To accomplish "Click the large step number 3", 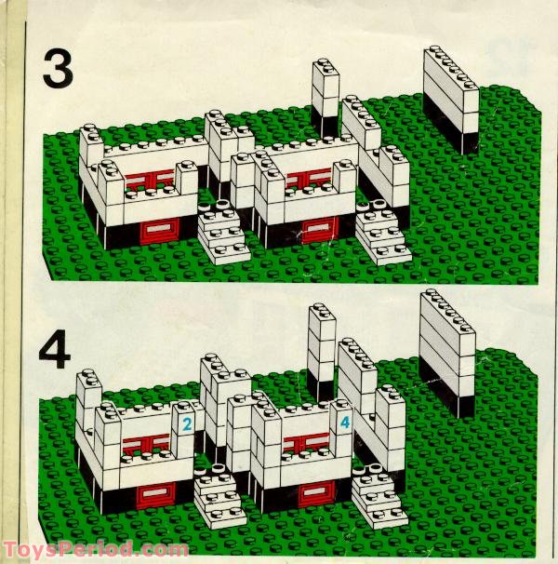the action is [58, 69].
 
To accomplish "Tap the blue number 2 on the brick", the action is [187, 424].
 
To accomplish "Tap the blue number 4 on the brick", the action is [345, 422].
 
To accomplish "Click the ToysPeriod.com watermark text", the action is [95, 550].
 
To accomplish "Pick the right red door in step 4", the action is [316, 492].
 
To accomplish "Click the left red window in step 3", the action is [151, 179].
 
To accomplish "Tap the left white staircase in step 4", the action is [220, 496].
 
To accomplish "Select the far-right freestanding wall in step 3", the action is [451, 100].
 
